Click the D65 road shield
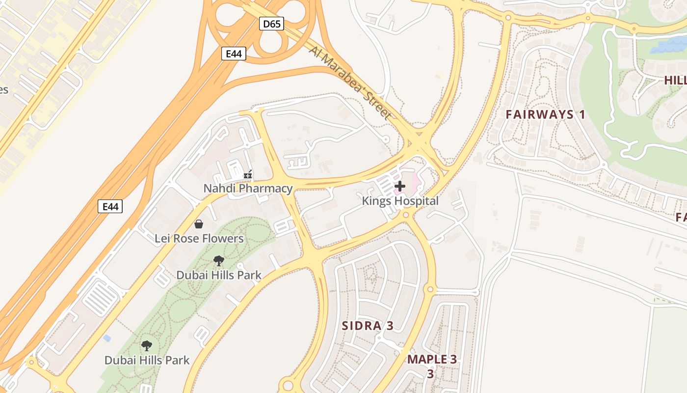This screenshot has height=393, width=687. point(271,23)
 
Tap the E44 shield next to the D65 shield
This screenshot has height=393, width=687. point(234,54)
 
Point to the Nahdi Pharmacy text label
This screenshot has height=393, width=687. point(248,188)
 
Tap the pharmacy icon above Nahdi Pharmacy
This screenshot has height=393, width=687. point(248,174)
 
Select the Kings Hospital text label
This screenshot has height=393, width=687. point(400,201)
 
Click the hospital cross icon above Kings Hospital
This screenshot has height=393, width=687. point(400,186)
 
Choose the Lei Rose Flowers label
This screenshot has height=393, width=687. point(199,239)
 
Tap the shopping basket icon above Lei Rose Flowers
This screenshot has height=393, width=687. point(199,225)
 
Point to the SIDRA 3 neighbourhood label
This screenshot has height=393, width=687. point(368,326)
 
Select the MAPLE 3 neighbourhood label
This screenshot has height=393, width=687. point(432,359)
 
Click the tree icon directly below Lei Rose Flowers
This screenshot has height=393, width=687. point(219,261)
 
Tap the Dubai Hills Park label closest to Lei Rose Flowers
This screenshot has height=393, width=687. point(219,275)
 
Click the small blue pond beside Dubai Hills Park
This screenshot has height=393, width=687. point(107,338)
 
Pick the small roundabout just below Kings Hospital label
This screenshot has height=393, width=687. point(405,215)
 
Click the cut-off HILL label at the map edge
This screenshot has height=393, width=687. point(675,80)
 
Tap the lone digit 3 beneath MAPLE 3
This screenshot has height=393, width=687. point(430,374)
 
